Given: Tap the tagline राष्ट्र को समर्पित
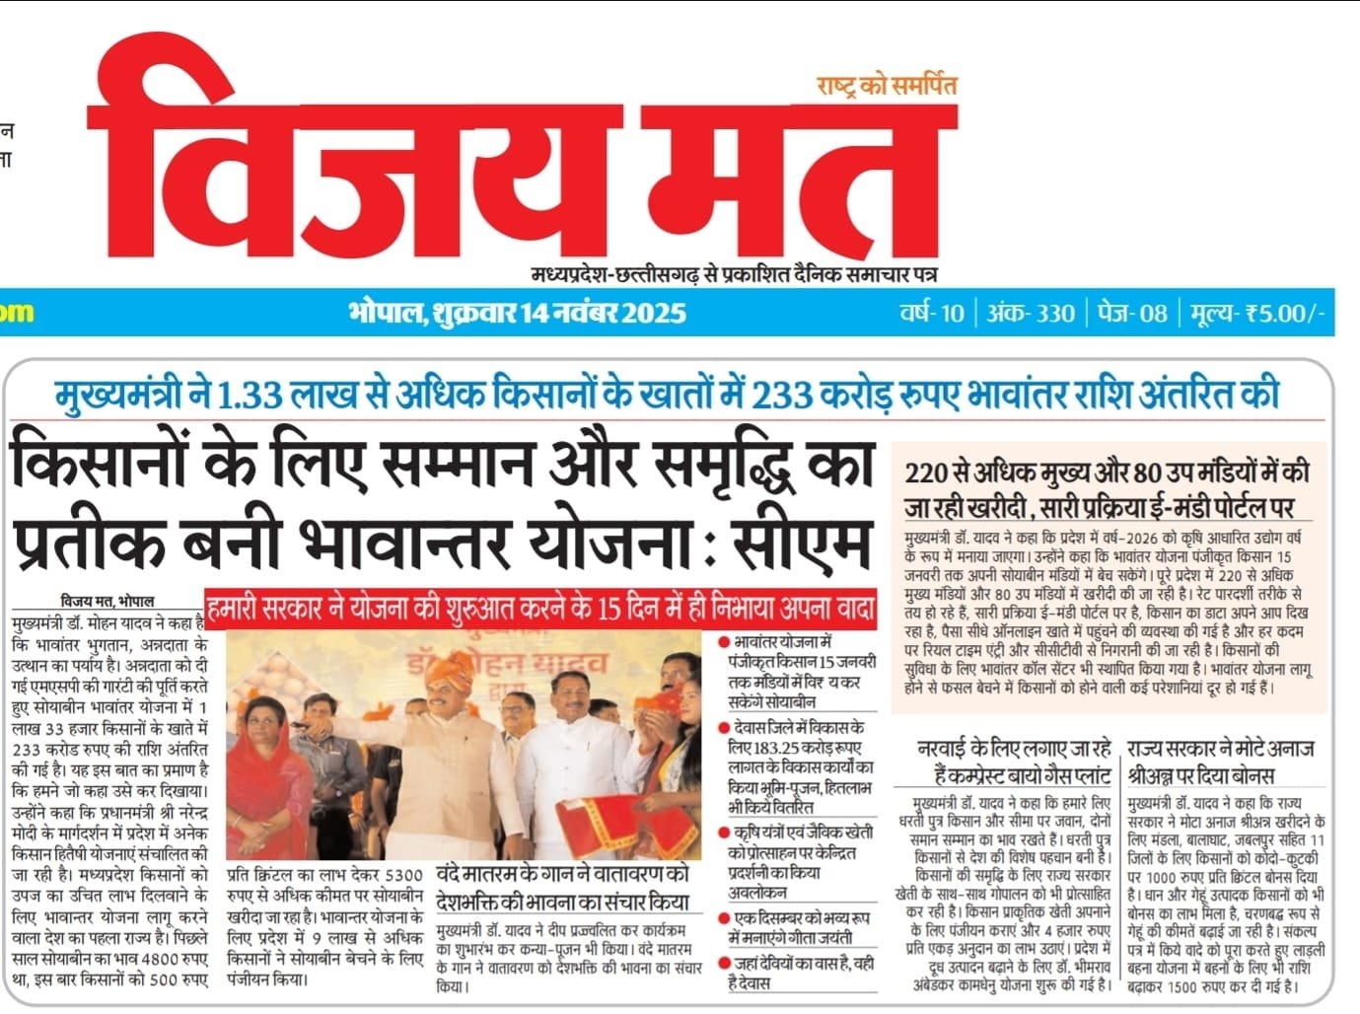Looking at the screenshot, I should [x=887, y=86].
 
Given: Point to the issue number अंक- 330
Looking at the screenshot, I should [x=1031, y=314].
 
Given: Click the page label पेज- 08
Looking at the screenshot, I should [x=1132, y=314].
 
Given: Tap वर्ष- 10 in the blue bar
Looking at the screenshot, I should [x=931, y=314].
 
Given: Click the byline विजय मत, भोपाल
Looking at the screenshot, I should [x=107, y=601].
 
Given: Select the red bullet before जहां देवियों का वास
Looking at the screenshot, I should [x=725, y=964].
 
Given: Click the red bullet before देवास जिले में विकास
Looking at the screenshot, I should [x=725, y=729].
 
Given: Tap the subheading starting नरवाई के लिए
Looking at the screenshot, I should [x=1014, y=760].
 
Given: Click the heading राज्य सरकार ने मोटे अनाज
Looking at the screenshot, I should [x=1219, y=749].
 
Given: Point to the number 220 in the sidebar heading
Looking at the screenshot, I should [x=926, y=472].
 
